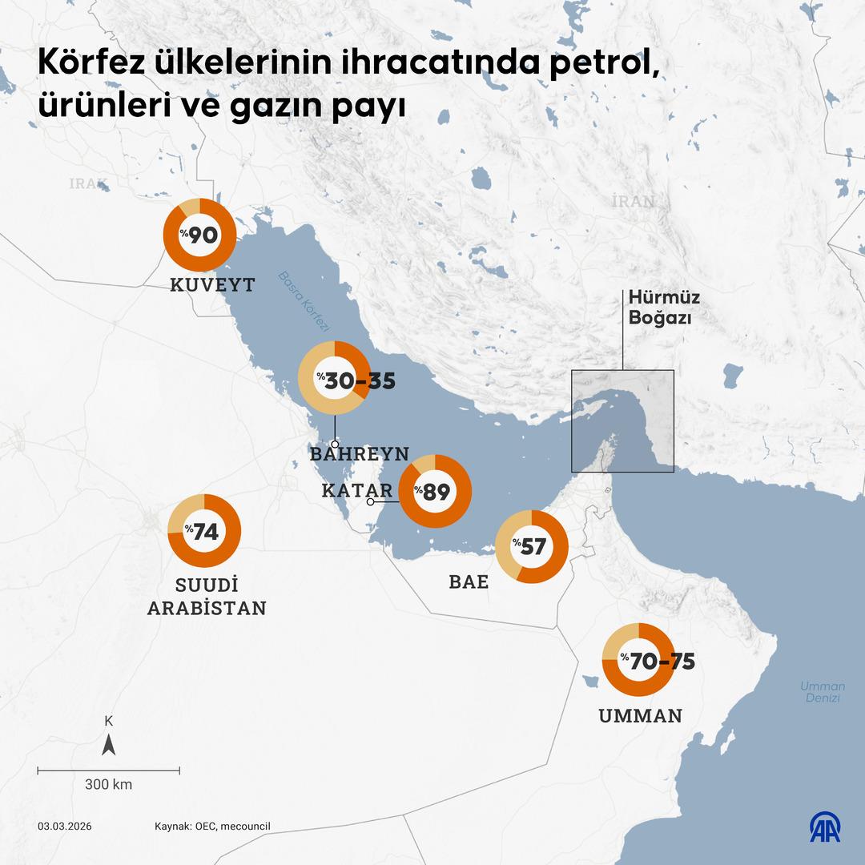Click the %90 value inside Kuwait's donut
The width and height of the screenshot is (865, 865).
[199, 235]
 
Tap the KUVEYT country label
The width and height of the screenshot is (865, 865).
[212, 284]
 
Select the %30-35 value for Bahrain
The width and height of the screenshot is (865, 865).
[356, 381]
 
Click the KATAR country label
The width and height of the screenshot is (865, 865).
[356, 490]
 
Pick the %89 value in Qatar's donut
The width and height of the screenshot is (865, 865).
[432, 492]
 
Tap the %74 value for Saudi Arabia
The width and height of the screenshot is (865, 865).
[203, 532]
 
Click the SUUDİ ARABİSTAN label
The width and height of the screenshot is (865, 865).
[207, 596]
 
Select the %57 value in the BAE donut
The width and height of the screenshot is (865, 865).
[529, 547]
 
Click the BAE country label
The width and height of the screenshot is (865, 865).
[469, 582]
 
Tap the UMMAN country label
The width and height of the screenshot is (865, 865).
[641, 716]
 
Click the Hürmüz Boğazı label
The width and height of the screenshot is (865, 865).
[664, 307]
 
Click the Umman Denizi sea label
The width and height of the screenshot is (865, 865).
[823, 692]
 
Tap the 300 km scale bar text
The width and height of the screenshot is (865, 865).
[108, 784]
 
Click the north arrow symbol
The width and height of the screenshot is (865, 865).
[109, 746]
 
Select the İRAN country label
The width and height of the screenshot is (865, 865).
[633, 201]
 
